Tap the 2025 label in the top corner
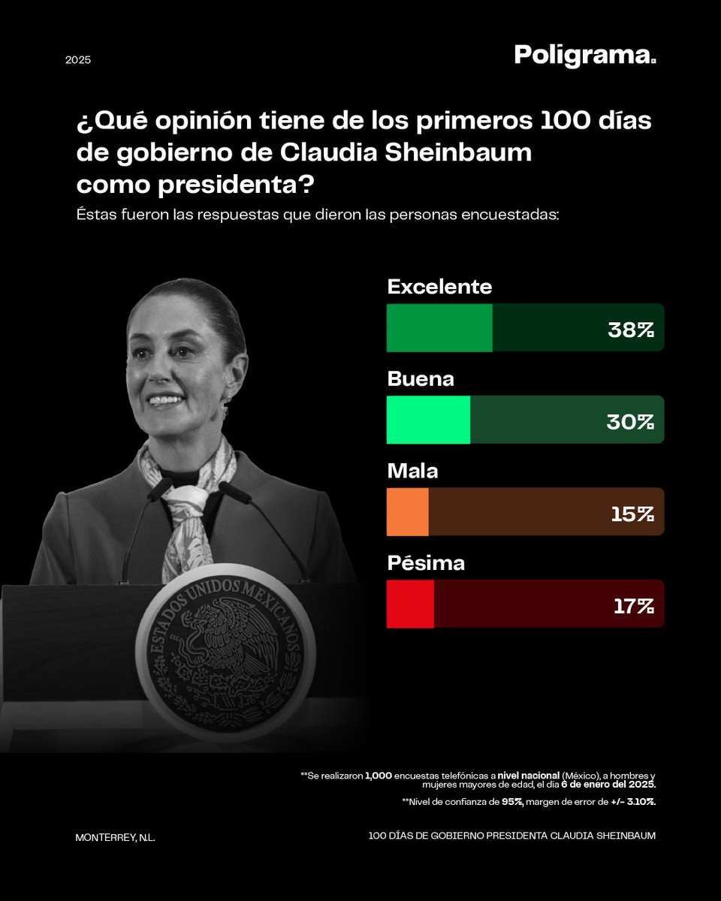pos(77,59)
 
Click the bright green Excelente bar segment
pos(439,328)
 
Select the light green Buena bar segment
pos(428,420)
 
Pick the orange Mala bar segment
pos(407,512)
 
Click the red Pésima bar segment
pos(410,604)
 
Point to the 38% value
pos(631,329)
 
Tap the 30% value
pos(631,420)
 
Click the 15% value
pos(632,513)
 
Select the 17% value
pos(633,605)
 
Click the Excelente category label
pos(439,287)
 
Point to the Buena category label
pos(421,379)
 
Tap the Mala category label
pos(412,472)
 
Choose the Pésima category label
pos(426,563)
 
